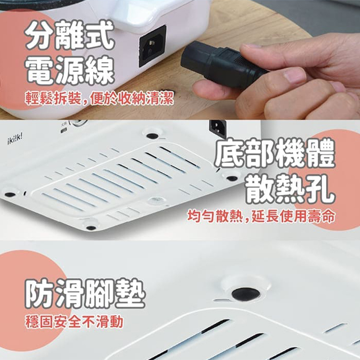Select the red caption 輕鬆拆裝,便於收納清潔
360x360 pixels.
(x=99, y=98)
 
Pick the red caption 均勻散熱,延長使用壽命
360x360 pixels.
(x=261, y=217)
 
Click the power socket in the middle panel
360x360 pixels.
(x=218, y=128)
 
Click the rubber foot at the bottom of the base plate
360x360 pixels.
(x=91, y=228)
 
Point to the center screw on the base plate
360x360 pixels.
(x=156, y=201)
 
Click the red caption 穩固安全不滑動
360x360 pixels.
(x=74, y=321)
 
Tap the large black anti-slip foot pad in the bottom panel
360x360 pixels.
(x=246, y=294)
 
